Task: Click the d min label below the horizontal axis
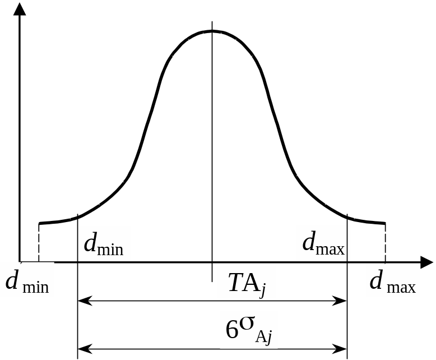27,280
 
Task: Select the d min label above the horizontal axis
104,244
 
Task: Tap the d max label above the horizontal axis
323,243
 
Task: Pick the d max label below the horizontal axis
393,280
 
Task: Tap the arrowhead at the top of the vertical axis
20,8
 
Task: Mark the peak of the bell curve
212,31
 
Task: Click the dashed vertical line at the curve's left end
39,242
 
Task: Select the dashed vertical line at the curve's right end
385,242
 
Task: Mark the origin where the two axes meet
20,262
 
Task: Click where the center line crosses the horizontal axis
212,262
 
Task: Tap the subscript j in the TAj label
262,291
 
